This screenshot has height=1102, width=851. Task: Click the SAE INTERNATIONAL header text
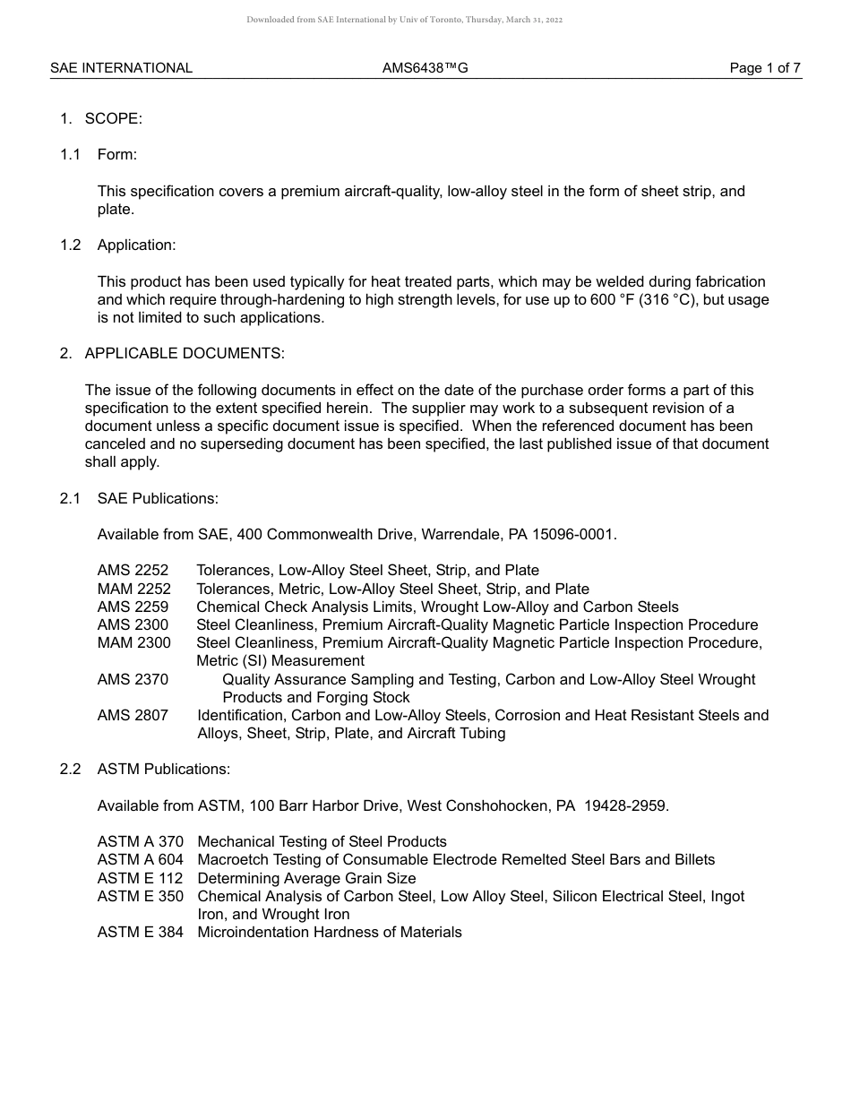(x=121, y=68)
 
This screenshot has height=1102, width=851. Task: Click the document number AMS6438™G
(x=425, y=68)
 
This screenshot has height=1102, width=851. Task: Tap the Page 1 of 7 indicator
(x=765, y=68)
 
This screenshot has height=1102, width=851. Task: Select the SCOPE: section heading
(x=113, y=118)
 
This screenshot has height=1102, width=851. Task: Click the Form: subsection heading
(x=117, y=155)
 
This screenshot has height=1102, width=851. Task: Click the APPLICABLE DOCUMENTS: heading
(x=185, y=354)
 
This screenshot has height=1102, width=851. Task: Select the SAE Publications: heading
(x=158, y=498)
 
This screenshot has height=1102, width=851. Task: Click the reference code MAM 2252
(x=133, y=590)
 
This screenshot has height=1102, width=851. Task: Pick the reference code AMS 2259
(x=133, y=607)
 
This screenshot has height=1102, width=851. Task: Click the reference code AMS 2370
(x=133, y=680)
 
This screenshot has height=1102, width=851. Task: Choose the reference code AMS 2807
(x=133, y=716)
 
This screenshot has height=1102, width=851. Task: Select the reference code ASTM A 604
(x=141, y=860)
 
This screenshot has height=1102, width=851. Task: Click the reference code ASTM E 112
(x=140, y=879)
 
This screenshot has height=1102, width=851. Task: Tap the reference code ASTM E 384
(x=141, y=933)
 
